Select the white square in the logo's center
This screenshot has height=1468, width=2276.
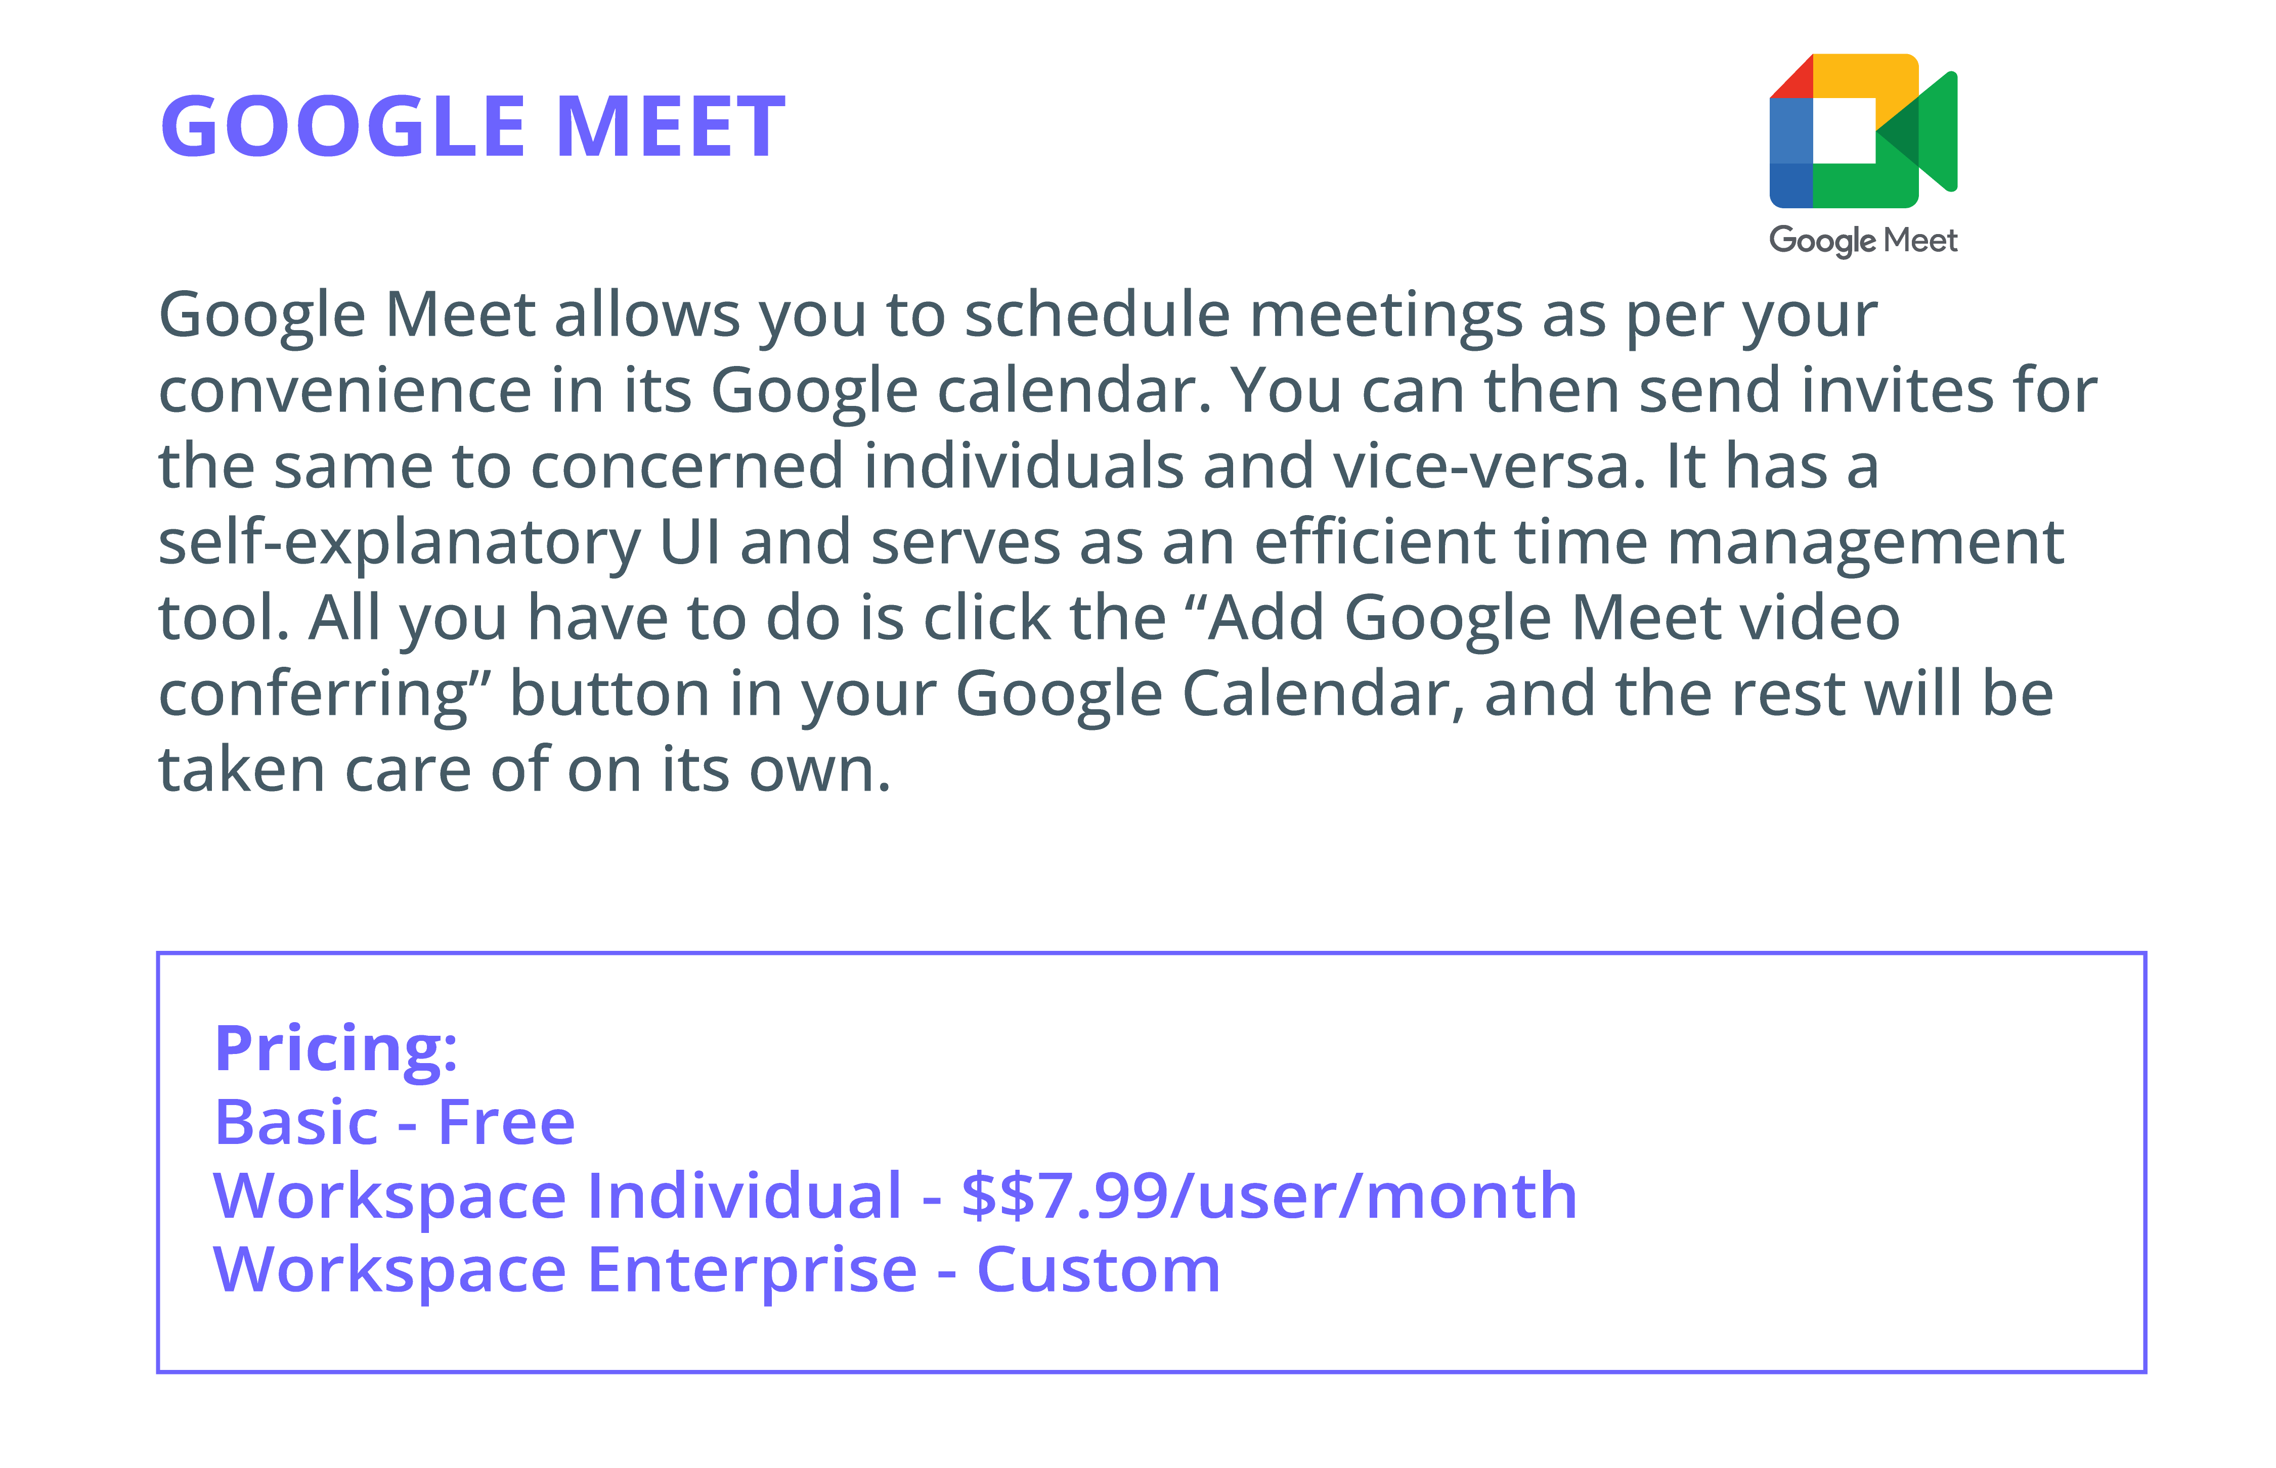coord(1844,130)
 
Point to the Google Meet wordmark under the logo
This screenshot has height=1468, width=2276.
coord(1863,240)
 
